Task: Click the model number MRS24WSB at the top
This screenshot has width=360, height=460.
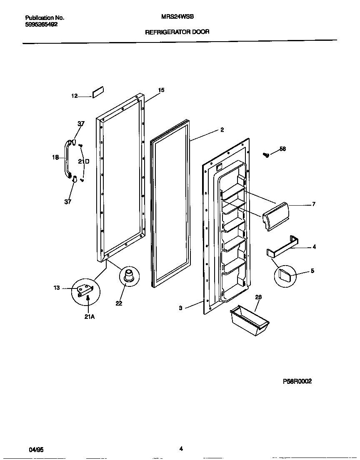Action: tap(173, 18)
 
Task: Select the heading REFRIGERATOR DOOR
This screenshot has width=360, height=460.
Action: tap(177, 32)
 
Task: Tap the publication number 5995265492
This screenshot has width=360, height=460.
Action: tap(41, 24)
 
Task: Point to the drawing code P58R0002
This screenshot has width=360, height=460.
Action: tap(297, 381)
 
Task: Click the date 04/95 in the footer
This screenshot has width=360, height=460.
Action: tap(36, 450)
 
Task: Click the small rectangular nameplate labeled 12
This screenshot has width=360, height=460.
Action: tap(98, 93)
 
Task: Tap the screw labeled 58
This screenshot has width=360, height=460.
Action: tap(266, 155)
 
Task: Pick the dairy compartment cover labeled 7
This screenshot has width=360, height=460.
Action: tap(275, 216)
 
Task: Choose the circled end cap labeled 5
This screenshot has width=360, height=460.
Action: tap(285, 275)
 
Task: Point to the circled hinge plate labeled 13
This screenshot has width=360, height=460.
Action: tap(85, 290)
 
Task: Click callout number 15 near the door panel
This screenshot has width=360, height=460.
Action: tap(161, 90)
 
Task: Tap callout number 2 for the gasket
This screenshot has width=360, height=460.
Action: tap(222, 130)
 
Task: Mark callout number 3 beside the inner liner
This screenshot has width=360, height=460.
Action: tap(180, 308)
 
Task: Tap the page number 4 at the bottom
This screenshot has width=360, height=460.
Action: tap(181, 449)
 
